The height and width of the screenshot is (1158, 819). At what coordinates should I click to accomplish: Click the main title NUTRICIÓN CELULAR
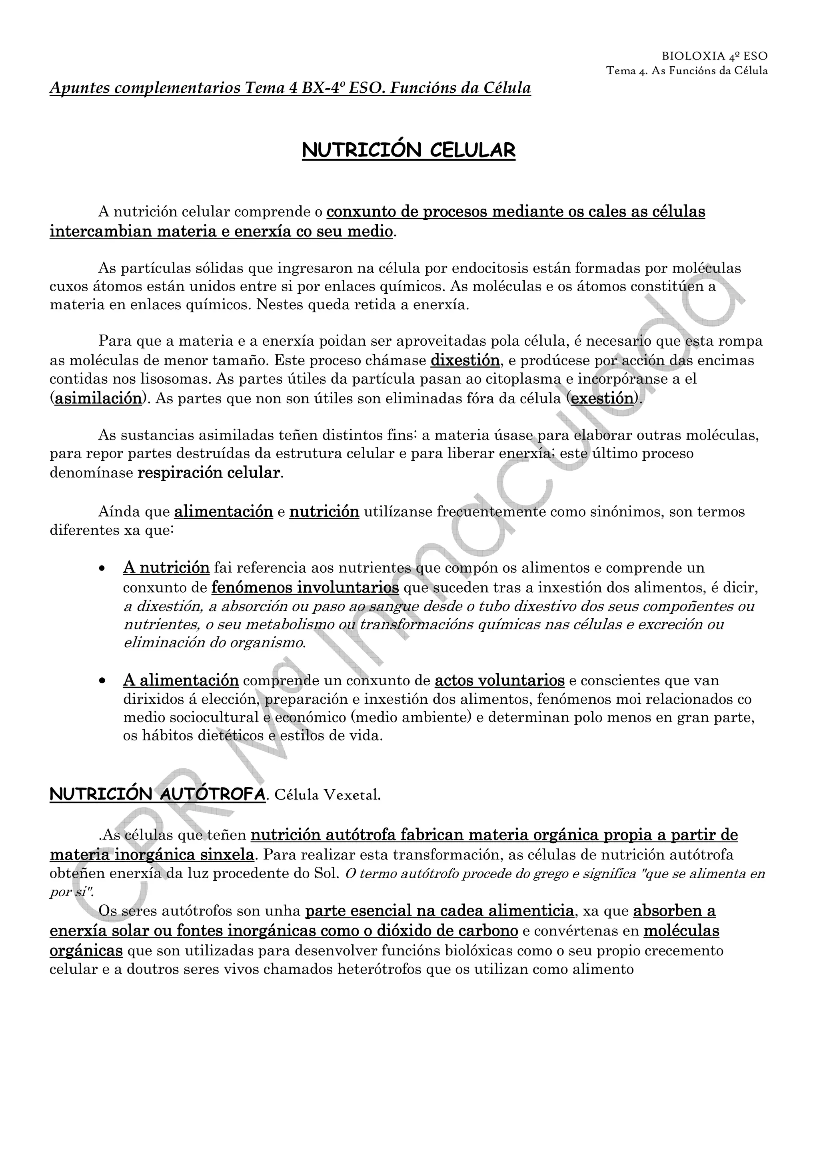point(409,150)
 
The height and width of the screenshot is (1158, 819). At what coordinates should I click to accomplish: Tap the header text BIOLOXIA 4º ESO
point(714,56)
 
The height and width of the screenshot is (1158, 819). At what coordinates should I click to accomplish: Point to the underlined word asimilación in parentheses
point(98,398)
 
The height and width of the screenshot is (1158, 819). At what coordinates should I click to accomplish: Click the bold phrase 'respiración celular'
point(208,473)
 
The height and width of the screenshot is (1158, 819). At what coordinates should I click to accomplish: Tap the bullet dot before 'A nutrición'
point(102,568)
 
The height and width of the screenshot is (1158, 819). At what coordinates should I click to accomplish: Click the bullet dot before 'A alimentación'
point(102,681)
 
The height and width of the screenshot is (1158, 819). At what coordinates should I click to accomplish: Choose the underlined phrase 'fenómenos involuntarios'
point(305,587)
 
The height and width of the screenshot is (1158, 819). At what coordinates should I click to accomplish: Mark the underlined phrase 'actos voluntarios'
point(499,680)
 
